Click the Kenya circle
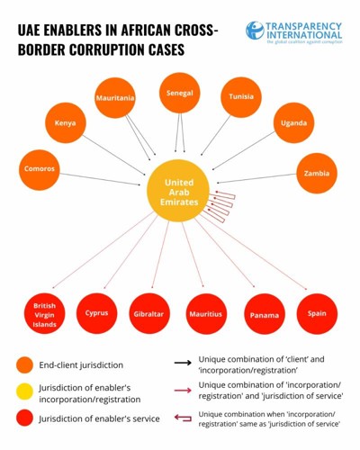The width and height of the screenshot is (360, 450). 66,122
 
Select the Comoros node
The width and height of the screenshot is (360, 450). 40,170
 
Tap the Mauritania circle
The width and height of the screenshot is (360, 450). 115,98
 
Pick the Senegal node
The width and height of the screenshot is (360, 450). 180,93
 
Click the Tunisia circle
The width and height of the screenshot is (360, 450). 241,97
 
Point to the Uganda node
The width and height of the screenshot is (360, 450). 293,123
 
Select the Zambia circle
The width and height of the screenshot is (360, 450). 317,173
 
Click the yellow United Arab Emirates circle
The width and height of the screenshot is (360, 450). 178,191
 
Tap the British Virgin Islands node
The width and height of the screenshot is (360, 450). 44,314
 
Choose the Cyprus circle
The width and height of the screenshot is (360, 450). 97,313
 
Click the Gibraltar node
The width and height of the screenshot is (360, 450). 149,314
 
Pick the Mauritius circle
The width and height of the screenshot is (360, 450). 206,314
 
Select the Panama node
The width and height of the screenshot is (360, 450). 265,314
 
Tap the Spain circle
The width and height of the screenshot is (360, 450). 317,314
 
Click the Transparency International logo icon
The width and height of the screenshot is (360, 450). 255,31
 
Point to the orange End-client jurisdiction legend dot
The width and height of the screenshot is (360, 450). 24,365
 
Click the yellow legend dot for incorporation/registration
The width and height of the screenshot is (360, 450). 24,391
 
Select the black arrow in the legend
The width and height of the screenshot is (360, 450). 183,363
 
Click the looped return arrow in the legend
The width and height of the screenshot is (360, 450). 183,418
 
